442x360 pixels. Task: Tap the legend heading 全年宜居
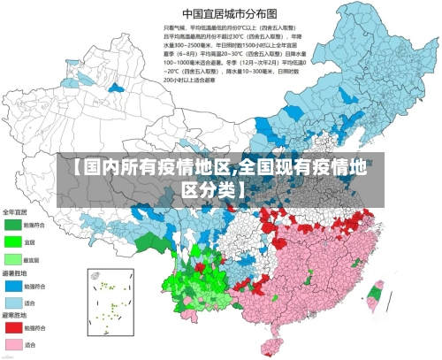pyautogui.click(x=15, y=212)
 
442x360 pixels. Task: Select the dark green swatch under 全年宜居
pyautogui.click(x=12, y=225)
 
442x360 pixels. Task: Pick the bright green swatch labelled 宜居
pyautogui.click(x=12, y=241)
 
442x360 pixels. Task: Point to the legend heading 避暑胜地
pyautogui.click(x=15, y=274)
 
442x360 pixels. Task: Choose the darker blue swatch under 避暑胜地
pyautogui.click(x=12, y=286)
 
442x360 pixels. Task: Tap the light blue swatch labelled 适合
pyautogui.click(x=12, y=303)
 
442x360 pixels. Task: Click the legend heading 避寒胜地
pyautogui.click(x=15, y=317)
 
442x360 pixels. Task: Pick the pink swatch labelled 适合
pyautogui.click(x=12, y=344)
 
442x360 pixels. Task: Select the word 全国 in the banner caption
pyautogui.click(x=257, y=168)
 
